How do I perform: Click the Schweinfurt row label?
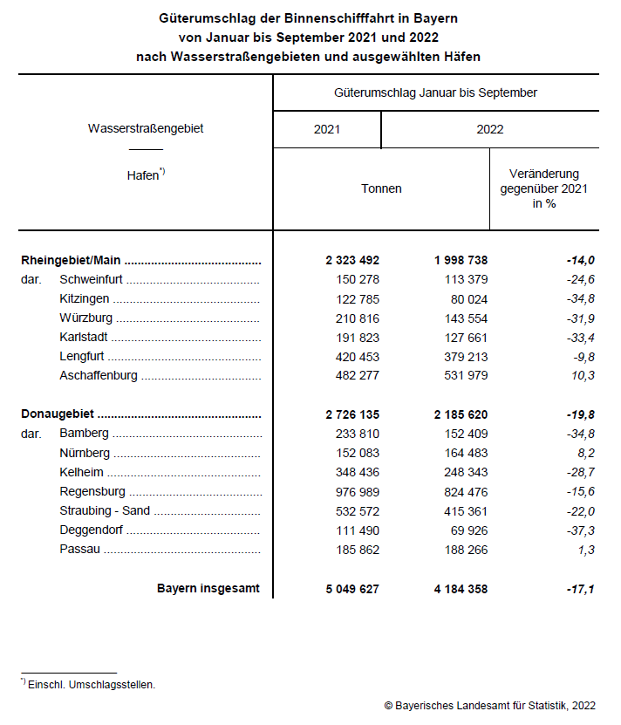(103, 280)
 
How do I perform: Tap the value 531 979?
(461, 376)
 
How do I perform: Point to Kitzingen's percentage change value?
(580, 299)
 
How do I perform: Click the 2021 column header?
(327, 129)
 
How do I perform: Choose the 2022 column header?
(490, 129)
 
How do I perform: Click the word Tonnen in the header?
(381, 188)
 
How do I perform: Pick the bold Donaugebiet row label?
(58, 414)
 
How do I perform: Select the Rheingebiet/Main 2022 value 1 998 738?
(461, 260)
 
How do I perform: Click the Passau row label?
(80, 549)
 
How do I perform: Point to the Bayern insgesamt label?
(208, 588)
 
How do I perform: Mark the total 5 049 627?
(352, 589)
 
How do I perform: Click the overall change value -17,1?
(579, 589)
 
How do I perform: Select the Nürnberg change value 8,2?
(584, 453)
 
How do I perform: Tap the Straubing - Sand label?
(105, 510)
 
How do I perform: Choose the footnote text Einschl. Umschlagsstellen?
(92, 685)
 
